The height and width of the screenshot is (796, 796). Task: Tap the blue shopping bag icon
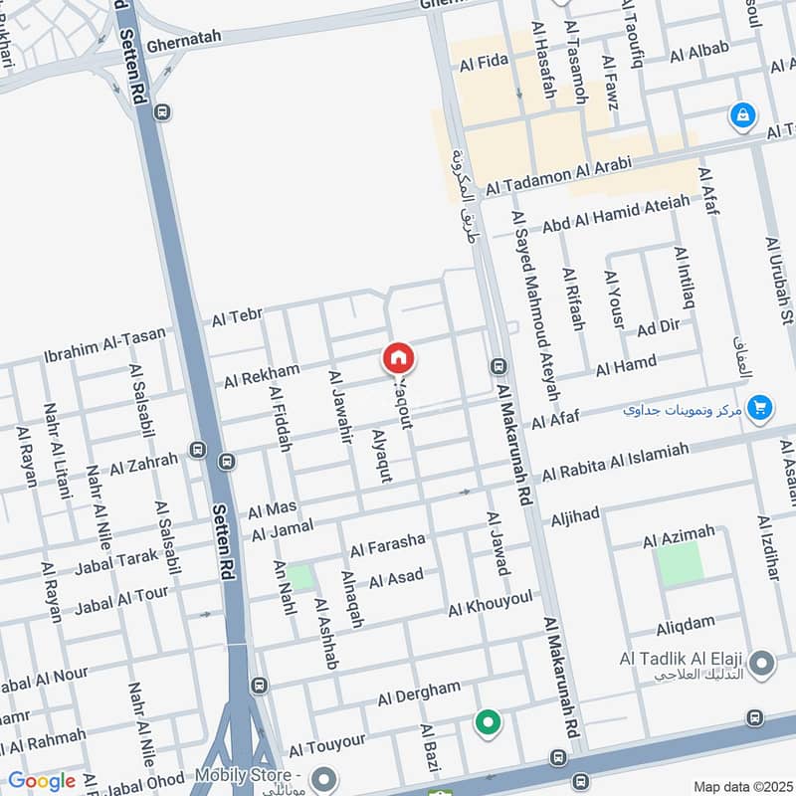(x=742, y=117)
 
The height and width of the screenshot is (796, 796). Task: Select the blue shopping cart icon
(x=760, y=407)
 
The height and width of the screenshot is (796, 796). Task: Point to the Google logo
(x=42, y=781)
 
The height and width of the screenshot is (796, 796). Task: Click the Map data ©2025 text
(x=741, y=786)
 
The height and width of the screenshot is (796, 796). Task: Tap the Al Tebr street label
(x=237, y=318)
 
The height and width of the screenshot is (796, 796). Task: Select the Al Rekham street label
(x=261, y=375)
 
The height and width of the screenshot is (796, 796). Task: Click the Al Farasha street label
(x=387, y=544)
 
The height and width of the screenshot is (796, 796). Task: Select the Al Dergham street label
(x=419, y=694)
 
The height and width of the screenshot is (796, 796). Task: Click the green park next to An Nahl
(x=299, y=577)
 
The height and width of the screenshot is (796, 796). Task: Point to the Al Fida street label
(x=484, y=64)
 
